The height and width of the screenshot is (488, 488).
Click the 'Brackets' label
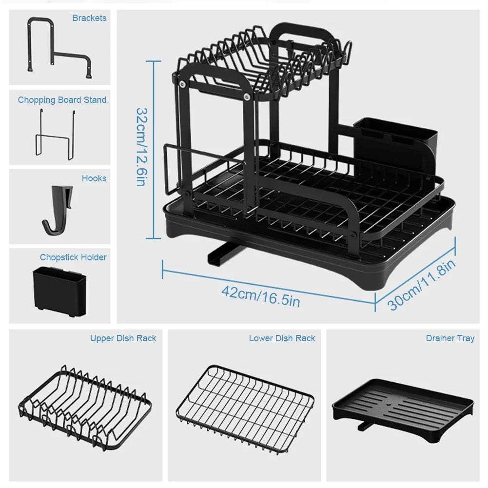click(x=89, y=18)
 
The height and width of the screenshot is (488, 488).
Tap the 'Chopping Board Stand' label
click(x=62, y=100)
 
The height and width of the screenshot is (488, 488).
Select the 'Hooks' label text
click(x=94, y=178)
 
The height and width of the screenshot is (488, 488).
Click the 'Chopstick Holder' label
click(x=73, y=257)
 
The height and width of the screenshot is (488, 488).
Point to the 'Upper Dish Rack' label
click(x=123, y=338)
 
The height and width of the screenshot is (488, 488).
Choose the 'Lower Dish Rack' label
click(x=282, y=338)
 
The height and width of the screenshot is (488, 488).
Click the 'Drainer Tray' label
click(x=449, y=338)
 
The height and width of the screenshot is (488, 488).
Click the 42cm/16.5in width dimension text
click(x=260, y=296)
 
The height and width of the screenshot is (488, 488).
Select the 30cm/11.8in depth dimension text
click(x=423, y=285)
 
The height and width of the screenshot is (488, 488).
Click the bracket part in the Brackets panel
click(x=59, y=49)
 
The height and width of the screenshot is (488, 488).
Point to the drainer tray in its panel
click(x=403, y=405)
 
